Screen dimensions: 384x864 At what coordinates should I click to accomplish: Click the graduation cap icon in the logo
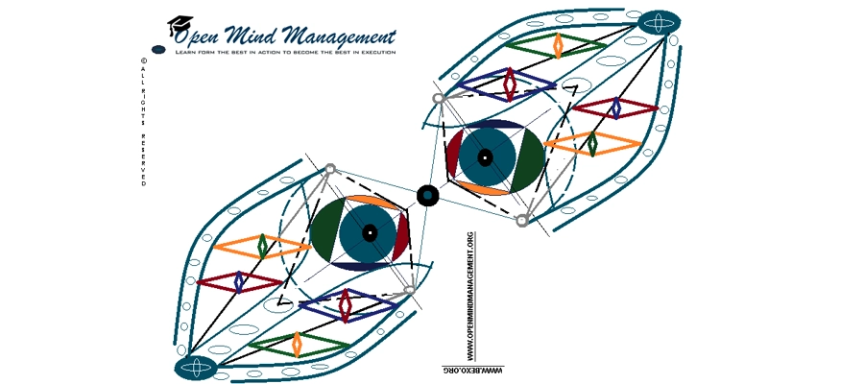click(x=180, y=26)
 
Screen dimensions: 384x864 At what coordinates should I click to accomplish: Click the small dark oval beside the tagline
click(x=159, y=49)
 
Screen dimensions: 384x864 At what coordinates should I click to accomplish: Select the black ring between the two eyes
click(x=427, y=195)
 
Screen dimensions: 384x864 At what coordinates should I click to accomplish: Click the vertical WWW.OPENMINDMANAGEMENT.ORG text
click(x=469, y=293)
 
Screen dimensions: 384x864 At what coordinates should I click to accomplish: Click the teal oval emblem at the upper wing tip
click(x=660, y=22)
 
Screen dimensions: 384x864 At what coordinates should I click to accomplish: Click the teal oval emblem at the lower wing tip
click(x=197, y=367)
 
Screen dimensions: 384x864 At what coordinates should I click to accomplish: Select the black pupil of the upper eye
click(x=485, y=156)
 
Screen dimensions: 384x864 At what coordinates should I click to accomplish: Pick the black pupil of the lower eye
click(x=370, y=232)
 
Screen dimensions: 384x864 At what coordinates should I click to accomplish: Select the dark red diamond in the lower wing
click(x=240, y=281)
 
